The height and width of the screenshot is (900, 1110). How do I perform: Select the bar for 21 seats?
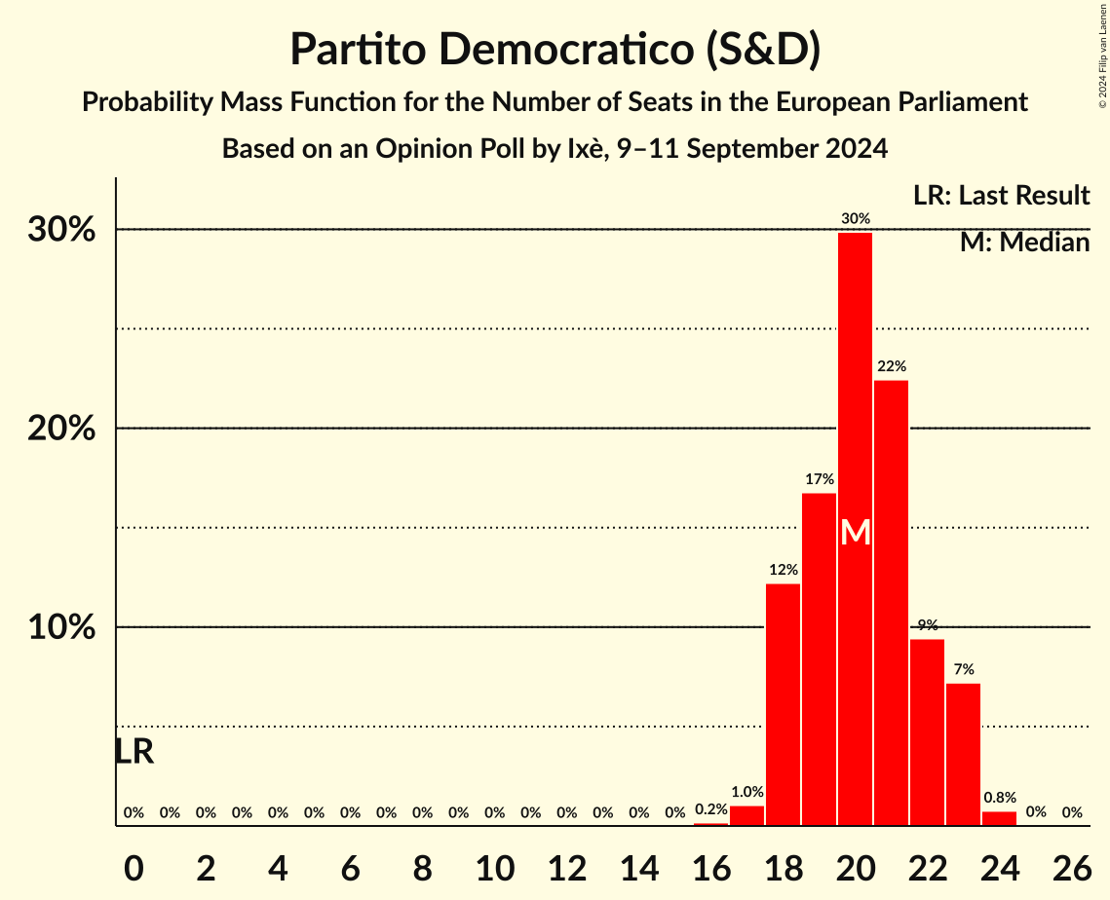coord(891,603)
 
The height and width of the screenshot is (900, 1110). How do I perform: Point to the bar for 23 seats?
coord(963,754)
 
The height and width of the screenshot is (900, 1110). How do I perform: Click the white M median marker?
coord(855,532)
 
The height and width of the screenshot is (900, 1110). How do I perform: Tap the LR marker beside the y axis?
coord(134,752)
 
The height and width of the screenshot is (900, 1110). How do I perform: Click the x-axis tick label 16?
coord(710,863)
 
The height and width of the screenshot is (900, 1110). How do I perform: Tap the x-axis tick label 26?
coord(1071,863)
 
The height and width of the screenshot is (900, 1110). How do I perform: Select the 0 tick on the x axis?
coord(134,863)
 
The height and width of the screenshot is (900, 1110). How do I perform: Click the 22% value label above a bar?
coord(891,366)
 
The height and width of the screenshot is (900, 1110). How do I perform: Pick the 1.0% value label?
coord(746,792)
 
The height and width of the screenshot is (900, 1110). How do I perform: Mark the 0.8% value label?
coord(999,798)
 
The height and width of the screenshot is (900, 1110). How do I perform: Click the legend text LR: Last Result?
coord(1001,196)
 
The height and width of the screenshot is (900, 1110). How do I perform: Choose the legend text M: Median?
coord(1024,243)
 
